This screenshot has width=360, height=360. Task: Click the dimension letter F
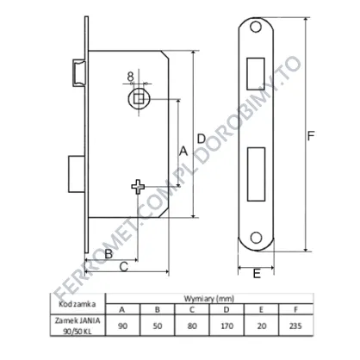point(311,135)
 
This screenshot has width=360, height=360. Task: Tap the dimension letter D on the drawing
point(202,139)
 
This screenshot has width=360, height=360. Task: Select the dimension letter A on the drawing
point(183,151)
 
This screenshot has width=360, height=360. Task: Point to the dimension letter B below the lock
point(109,254)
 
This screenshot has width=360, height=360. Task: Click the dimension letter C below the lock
point(123,267)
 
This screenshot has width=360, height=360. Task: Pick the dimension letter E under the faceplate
point(257,273)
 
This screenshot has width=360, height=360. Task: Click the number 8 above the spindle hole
point(130,77)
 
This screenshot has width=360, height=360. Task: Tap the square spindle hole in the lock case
point(139,99)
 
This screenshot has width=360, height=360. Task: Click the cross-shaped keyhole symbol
point(138,187)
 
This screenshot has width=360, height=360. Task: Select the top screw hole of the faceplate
point(256,27)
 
